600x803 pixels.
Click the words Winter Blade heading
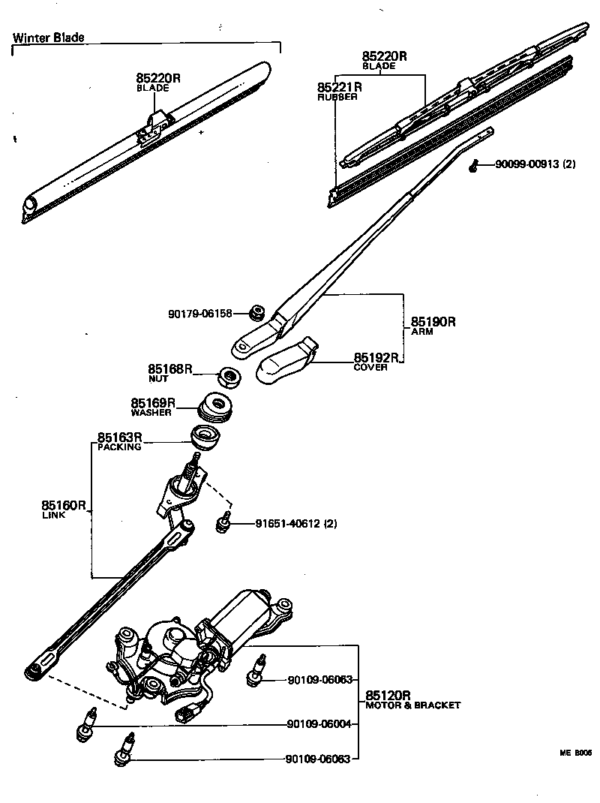pos(49,37)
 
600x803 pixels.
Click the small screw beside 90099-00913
pos(474,167)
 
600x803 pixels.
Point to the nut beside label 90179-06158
pos(257,311)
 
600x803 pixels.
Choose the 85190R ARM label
pos(433,326)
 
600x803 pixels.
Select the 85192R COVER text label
pos(375,361)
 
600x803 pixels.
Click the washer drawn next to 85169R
pos(217,407)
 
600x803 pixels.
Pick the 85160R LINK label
pos(64,510)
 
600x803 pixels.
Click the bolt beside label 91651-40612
pos(223,522)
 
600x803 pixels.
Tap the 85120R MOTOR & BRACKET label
pos(412,699)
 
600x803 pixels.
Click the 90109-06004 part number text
pos(319,724)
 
